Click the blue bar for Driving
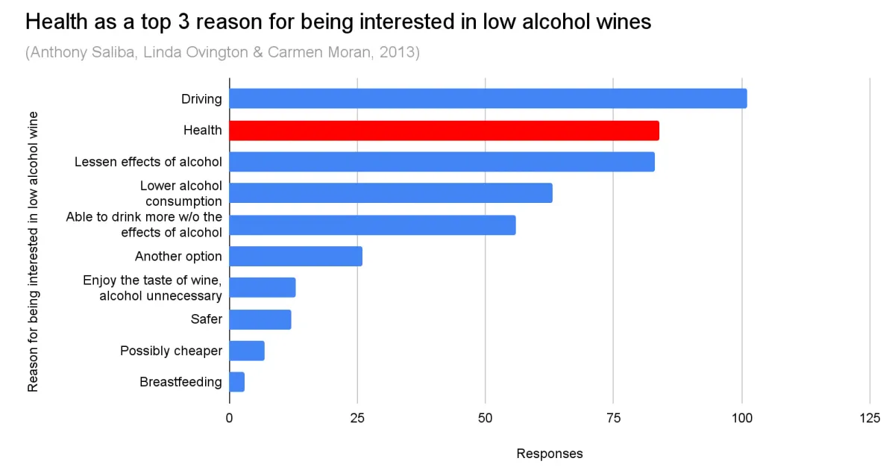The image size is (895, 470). tap(488, 98)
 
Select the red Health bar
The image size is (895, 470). tap(444, 131)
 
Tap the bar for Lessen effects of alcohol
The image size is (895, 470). tap(442, 162)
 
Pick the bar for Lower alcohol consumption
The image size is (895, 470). tap(390, 193)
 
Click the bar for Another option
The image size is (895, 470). tap(295, 257)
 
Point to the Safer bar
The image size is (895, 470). tap(260, 319)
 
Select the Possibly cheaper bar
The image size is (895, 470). tap(246, 351)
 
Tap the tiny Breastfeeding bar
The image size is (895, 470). tap(236, 382)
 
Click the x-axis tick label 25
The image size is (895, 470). tap(357, 418)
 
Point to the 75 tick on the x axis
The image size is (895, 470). tap(613, 418)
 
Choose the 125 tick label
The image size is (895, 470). tap(869, 418)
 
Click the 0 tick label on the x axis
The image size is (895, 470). tap(229, 418)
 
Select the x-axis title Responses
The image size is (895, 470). tap(550, 454)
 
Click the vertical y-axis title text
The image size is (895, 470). tap(33, 251)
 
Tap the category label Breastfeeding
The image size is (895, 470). tap(180, 382)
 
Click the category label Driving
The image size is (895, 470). tap(201, 98)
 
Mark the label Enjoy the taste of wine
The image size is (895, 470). tap(152, 281)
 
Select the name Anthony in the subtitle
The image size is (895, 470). tap(57, 53)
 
